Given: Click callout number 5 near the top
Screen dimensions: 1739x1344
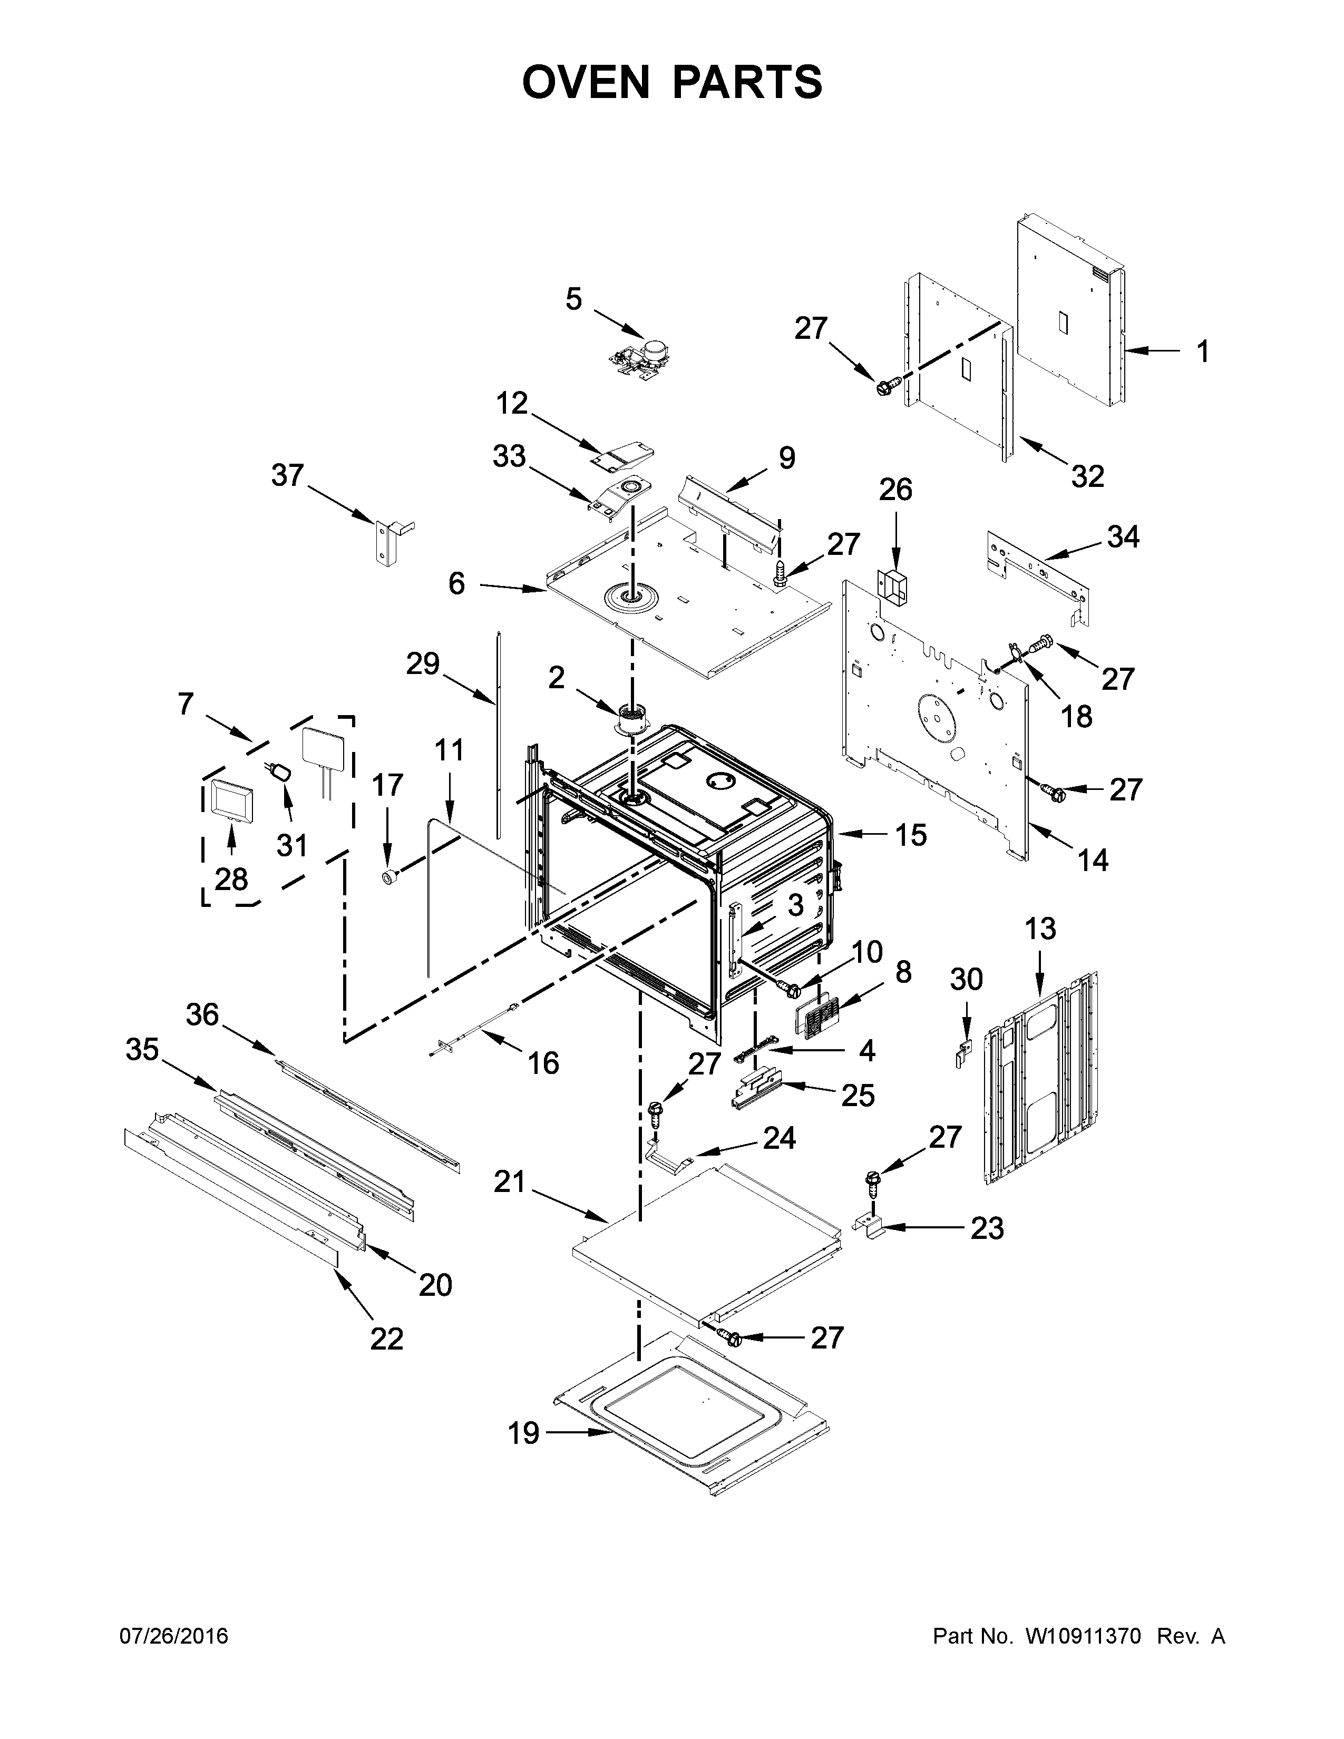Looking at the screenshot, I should (x=574, y=299).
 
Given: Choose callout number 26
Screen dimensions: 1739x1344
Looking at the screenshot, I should (x=895, y=490).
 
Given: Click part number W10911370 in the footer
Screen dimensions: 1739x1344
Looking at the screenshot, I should (x=1083, y=1636).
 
